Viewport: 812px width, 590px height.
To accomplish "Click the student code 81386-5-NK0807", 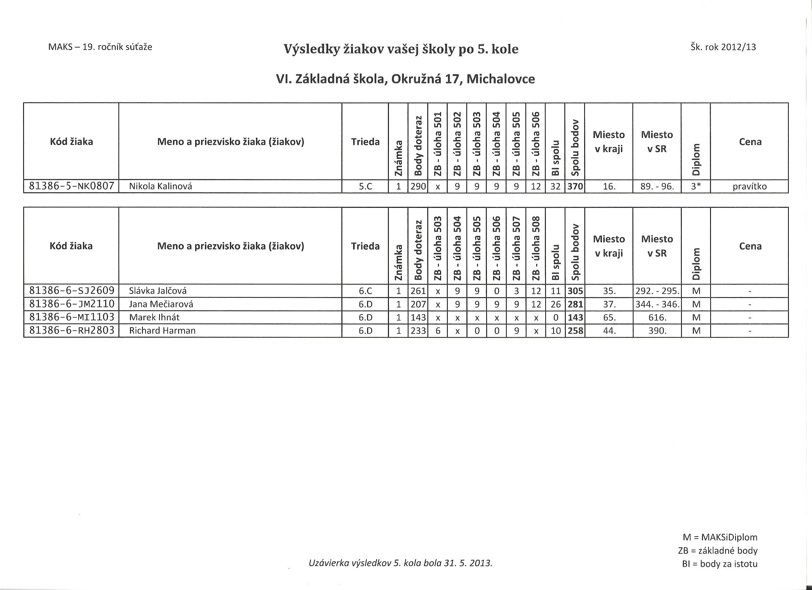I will point(71,186).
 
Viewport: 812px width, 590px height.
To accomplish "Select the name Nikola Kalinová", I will point(160,186).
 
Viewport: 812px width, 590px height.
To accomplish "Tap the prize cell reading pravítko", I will point(750,186).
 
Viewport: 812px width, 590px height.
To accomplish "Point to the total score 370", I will point(575,186).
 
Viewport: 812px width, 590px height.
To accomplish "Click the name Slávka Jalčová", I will point(158,291).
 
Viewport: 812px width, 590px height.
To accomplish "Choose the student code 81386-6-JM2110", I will point(71,304).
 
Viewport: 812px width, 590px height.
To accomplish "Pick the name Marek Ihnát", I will point(154,317).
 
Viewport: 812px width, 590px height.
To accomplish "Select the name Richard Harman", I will point(162,331).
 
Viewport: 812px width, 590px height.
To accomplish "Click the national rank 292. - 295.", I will point(657,291).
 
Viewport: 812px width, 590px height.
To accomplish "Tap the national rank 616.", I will point(657,317).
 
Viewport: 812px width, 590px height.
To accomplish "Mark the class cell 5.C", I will point(365,186).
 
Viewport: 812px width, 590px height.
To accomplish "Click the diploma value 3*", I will point(695,186).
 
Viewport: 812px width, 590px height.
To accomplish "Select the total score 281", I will point(575,304).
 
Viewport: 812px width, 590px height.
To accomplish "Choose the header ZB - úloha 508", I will point(536,248).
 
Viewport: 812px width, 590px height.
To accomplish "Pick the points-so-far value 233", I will point(418,331).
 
